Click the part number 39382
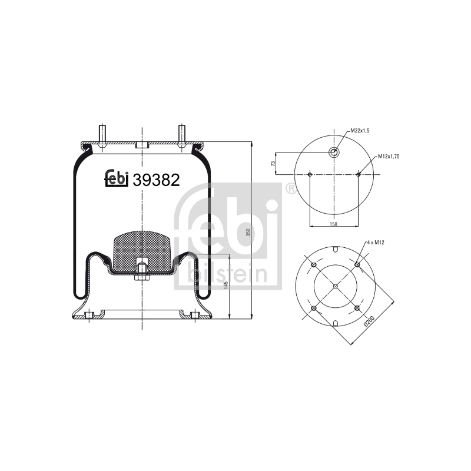click(156, 180)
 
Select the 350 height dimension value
click(248, 232)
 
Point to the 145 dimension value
click(226, 285)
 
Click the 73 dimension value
click(273, 164)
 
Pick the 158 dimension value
click(333, 224)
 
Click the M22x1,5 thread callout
click(360, 131)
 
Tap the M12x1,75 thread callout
click(389, 156)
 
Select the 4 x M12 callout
click(375, 242)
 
